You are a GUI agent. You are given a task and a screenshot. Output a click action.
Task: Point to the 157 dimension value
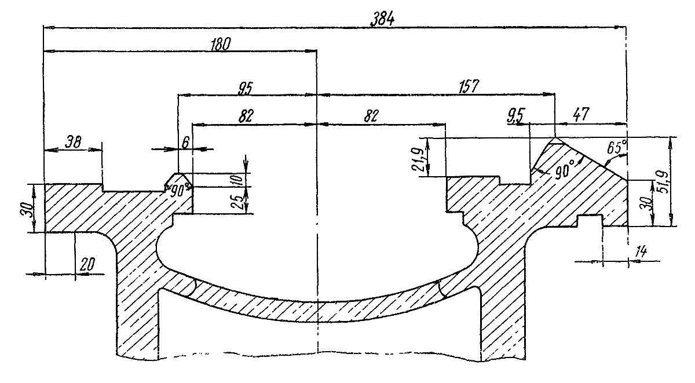coord(467,87)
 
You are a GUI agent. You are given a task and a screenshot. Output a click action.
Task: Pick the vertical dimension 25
coord(236,200)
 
